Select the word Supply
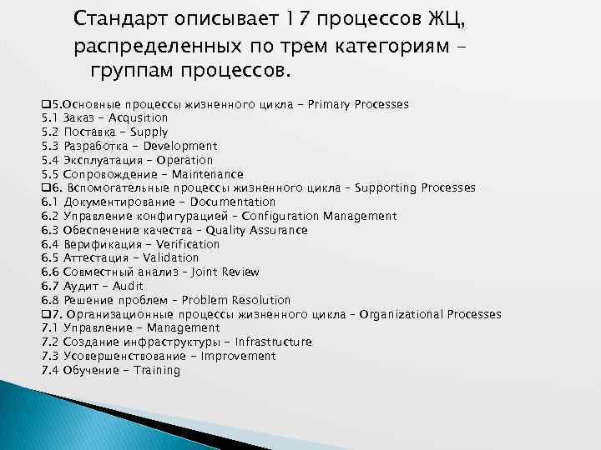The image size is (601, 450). (x=149, y=132)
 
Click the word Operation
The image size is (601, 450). (x=186, y=160)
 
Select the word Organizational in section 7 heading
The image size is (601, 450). (x=402, y=314)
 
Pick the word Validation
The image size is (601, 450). (x=171, y=258)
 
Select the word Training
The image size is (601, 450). (x=157, y=370)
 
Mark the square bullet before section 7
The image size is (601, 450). (x=45, y=314)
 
